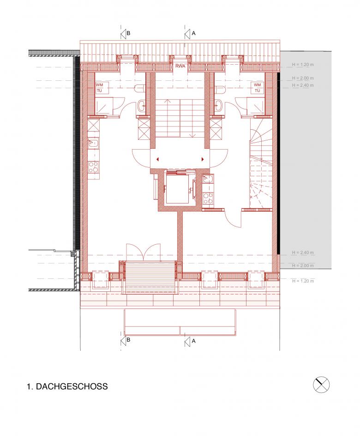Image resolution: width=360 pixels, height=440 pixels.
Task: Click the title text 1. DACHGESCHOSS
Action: pyautogui.click(x=67, y=386)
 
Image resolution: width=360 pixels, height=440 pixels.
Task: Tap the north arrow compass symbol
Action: pyautogui.click(x=321, y=385)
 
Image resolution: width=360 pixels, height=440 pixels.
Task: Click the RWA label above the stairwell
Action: pyautogui.click(x=180, y=66)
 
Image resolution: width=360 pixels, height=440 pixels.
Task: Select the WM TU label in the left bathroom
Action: pyautogui.click(x=100, y=88)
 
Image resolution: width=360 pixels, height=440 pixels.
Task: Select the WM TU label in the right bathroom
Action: pyautogui.click(x=257, y=88)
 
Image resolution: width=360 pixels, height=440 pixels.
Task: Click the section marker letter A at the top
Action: pyautogui.click(x=193, y=33)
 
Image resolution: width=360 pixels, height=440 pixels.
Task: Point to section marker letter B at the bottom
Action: pyautogui.click(x=128, y=340)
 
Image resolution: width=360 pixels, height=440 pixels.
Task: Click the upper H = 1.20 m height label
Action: pyautogui.click(x=303, y=65)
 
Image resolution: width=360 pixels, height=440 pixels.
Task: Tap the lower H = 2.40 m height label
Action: pyautogui.click(x=303, y=253)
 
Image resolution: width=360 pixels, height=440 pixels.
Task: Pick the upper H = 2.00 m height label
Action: pyautogui.click(x=303, y=78)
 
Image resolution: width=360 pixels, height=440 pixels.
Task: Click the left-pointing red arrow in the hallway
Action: pyautogui.click(x=158, y=159)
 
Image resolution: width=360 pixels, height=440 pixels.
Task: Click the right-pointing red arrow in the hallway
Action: pyautogui.click(x=202, y=159)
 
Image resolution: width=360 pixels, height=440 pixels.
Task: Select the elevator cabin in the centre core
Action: pyautogui.click(x=178, y=188)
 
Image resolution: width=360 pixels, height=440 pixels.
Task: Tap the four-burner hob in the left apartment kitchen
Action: pyautogui.click(x=93, y=167)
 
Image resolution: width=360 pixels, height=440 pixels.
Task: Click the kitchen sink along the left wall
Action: pyautogui.click(x=93, y=144)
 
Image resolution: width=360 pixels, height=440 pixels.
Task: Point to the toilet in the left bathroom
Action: pyautogui.click(x=140, y=89)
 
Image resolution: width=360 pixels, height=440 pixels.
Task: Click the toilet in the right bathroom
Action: pyautogui.click(x=221, y=89)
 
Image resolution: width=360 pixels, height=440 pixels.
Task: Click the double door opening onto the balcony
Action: pyautogui.click(x=144, y=252)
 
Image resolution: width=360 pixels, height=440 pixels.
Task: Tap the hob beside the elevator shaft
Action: pyautogui.click(x=208, y=198)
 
